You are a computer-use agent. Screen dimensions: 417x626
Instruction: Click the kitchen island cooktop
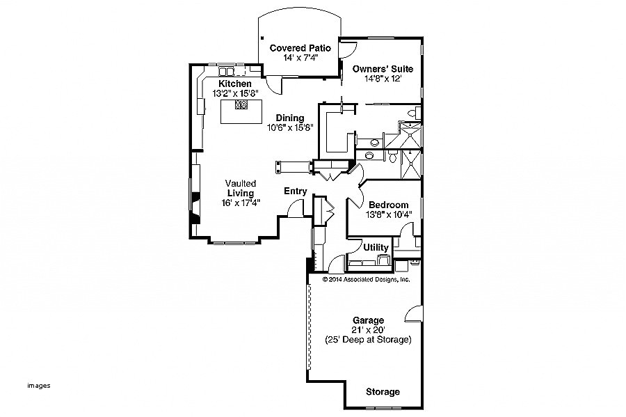click(x=241, y=106)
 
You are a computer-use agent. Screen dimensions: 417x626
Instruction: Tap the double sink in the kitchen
click(x=227, y=72)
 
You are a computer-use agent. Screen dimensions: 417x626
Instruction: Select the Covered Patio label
click(x=300, y=47)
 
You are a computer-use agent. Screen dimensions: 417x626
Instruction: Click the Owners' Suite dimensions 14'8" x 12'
click(x=383, y=79)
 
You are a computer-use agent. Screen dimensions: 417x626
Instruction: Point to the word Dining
click(x=290, y=118)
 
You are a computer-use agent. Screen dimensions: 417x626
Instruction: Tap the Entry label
click(x=296, y=191)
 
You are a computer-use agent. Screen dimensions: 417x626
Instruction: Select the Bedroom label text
click(x=388, y=205)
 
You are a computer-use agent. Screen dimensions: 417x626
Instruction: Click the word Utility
click(x=376, y=247)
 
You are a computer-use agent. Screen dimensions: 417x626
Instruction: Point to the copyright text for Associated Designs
click(x=366, y=279)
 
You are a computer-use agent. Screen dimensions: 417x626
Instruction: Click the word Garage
click(x=368, y=320)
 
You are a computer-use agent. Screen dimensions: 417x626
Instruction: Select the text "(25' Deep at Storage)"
click(x=368, y=340)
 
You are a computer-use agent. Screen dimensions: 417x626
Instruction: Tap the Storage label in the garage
click(x=383, y=392)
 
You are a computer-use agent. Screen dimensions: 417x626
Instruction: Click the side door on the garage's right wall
click(x=414, y=313)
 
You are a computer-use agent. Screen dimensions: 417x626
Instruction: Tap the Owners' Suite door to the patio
click(x=348, y=49)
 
